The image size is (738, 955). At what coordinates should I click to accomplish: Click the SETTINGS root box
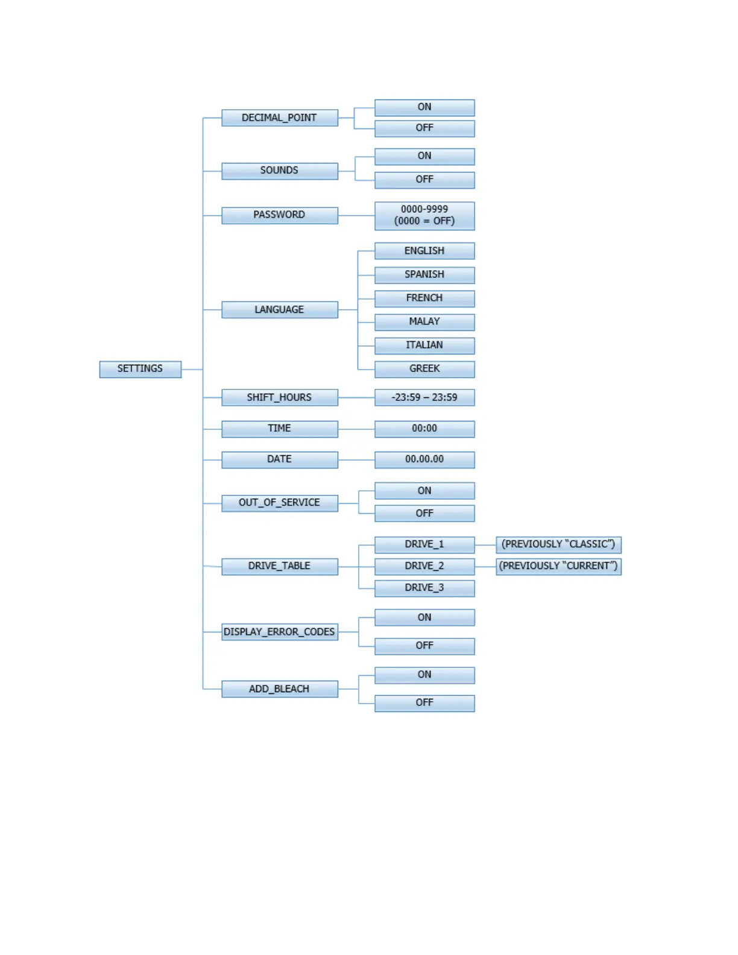(x=140, y=369)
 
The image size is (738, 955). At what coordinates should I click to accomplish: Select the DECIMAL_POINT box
(x=279, y=118)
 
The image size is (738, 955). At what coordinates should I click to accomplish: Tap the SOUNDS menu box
(x=279, y=171)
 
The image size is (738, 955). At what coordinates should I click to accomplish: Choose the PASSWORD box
(x=279, y=215)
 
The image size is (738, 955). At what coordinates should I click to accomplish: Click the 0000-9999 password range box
(x=424, y=215)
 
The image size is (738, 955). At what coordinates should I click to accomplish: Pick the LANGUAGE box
(x=279, y=310)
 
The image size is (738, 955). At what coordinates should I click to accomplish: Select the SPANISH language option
(x=424, y=275)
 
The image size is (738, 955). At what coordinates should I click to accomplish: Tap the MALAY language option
(x=424, y=322)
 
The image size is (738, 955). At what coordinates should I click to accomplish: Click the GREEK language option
(x=424, y=369)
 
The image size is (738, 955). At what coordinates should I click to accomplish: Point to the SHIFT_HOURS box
(x=279, y=398)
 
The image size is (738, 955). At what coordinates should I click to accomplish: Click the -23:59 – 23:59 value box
(x=424, y=398)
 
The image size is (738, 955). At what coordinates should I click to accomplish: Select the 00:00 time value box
(x=424, y=429)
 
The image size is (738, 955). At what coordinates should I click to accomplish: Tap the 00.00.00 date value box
(x=424, y=459)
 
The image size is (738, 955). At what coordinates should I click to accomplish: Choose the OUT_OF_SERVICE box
(x=279, y=503)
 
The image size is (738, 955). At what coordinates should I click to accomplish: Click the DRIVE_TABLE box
(x=279, y=566)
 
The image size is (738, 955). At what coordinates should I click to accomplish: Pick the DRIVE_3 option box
(x=424, y=588)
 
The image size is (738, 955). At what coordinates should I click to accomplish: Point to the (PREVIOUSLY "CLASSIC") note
(x=558, y=544)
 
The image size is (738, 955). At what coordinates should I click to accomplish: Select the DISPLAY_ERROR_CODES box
(x=279, y=632)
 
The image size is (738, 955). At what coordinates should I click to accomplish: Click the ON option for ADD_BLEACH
(x=424, y=675)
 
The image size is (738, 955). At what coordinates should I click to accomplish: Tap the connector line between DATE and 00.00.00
(x=356, y=460)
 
